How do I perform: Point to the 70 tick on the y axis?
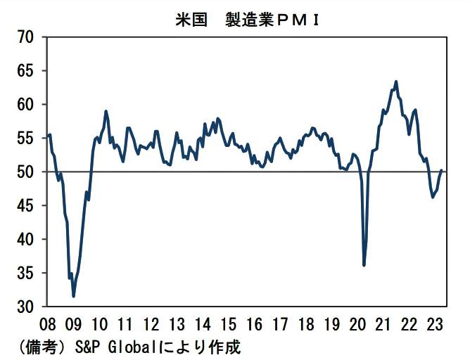(26, 37)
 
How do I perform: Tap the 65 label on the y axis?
(26, 71)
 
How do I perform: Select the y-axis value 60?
(26, 105)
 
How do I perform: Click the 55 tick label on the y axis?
(26, 139)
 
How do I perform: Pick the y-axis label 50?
(26, 172)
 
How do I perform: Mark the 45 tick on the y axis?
(26, 206)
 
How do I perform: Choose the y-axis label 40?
(26, 240)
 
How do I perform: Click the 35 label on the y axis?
(26, 274)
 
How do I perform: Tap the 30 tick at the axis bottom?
(26, 307)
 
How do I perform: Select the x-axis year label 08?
(48, 325)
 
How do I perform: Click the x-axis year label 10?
(99, 325)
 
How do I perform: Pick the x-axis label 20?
(357, 325)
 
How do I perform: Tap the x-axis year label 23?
(435, 325)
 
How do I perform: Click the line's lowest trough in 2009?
(74, 297)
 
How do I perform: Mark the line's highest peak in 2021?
(396, 82)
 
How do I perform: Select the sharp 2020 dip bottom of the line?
(364, 265)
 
